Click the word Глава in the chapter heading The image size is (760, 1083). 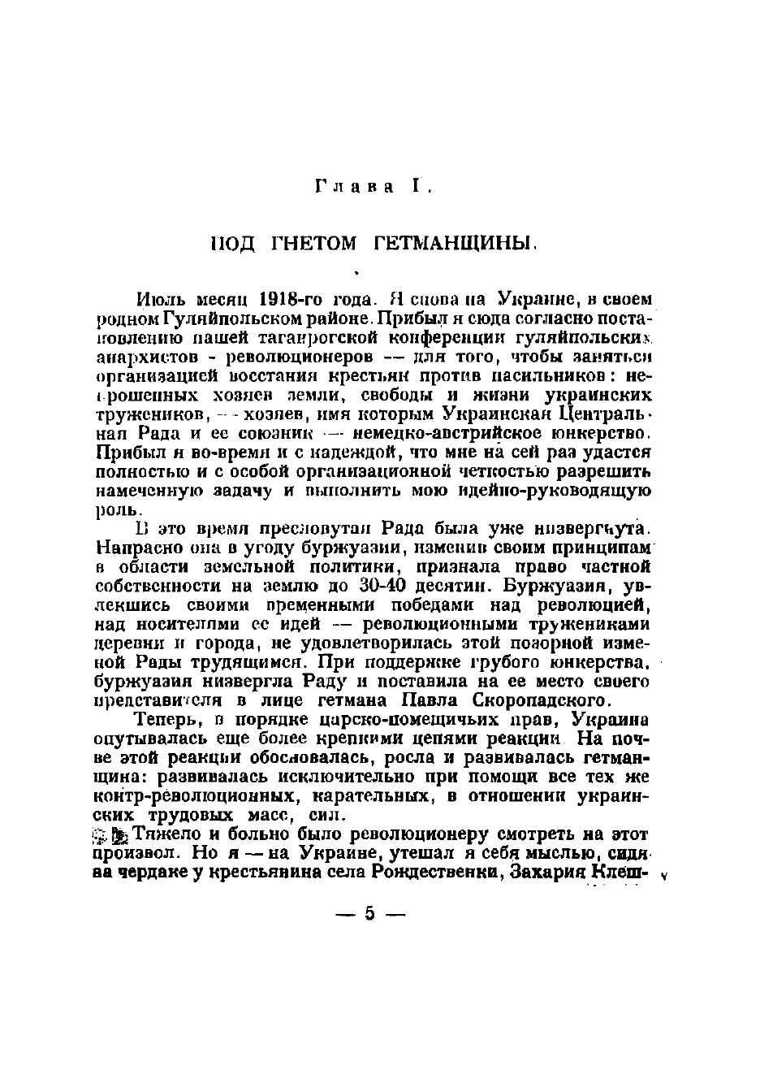tap(354, 186)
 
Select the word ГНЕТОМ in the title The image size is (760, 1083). tap(308, 243)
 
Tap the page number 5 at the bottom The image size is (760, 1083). tap(370, 914)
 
